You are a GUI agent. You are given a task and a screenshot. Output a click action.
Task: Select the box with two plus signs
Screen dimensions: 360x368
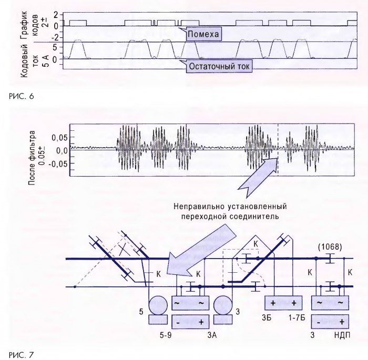click(283, 304)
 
